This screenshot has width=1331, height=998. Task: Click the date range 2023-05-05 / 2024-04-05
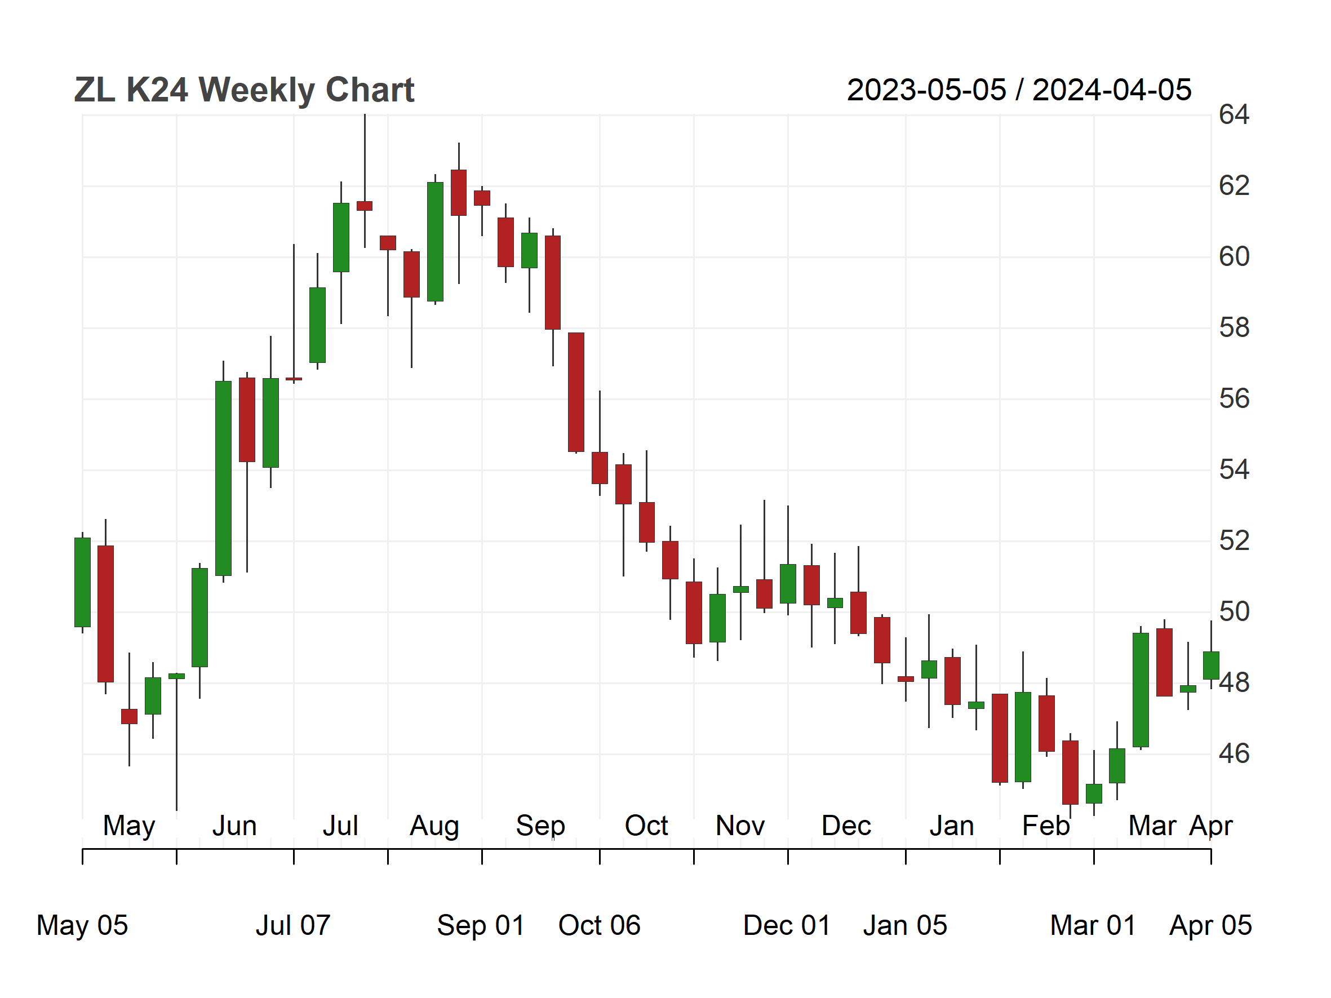click(1019, 90)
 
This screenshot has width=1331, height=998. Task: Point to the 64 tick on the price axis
click(1234, 115)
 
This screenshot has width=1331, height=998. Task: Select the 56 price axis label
click(1234, 399)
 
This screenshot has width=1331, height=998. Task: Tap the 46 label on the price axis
click(1234, 754)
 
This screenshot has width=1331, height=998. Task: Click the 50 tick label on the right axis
click(1234, 612)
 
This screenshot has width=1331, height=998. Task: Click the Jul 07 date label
click(293, 925)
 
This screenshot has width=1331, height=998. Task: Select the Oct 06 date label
click(600, 925)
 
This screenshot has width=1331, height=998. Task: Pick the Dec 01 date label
click(787, 925)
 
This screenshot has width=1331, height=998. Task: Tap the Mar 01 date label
click(1093, 925)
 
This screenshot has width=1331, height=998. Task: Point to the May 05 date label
click(82, 925)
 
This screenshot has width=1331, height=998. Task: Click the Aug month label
click(434, 826)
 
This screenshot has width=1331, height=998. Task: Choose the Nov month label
click(740, 826)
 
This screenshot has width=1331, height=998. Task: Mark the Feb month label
click(1046, 826)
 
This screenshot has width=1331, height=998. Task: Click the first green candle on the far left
click(82, 582)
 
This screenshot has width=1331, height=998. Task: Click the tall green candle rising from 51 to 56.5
click(223, 478)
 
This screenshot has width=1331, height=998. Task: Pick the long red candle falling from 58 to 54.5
click(576, 392)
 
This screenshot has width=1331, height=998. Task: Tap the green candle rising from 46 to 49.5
click(1141, 690)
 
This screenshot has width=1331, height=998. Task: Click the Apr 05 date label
click(1210, 925)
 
